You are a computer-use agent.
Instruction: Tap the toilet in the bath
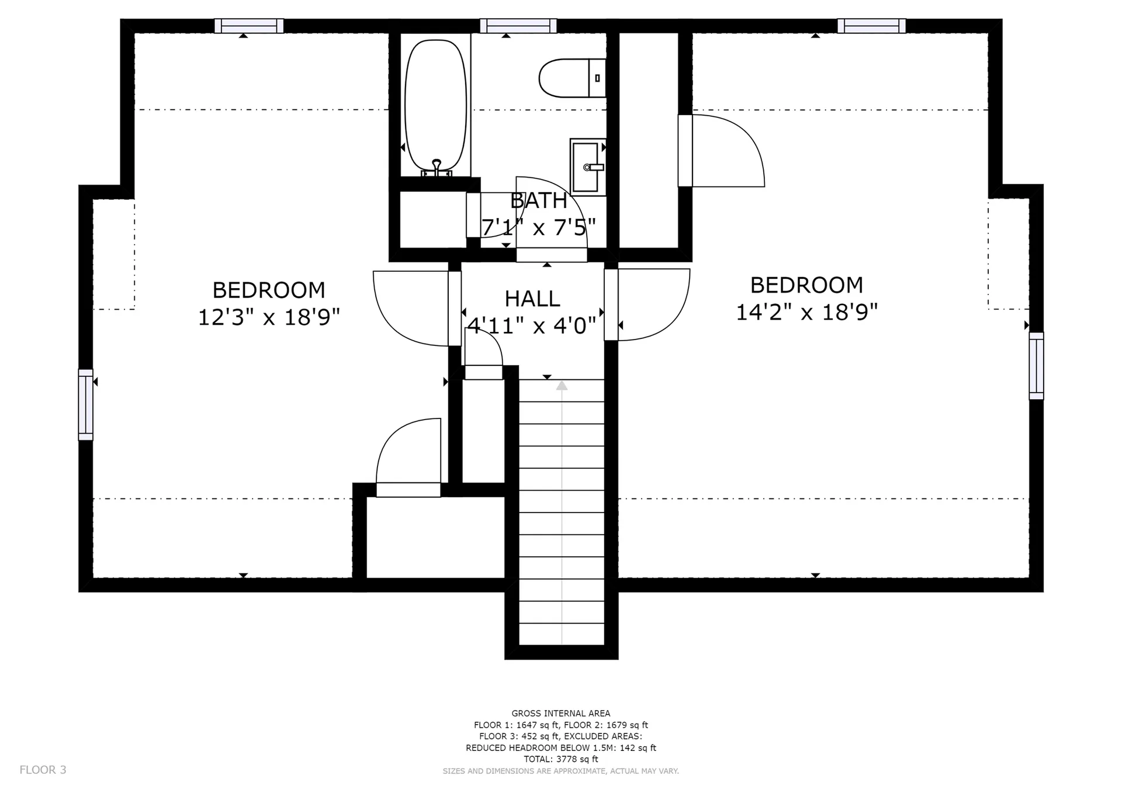[x=572, y=78]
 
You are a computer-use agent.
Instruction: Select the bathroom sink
[x=588, y=167]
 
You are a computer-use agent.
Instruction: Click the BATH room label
[x=538, y=200]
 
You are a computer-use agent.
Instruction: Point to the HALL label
[x=532, y=299]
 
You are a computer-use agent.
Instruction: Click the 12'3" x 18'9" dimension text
[x=269, y=317]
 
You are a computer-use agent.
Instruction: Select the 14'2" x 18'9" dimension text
[x=806, y=312]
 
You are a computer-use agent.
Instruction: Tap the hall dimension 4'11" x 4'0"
[x=532, y=325]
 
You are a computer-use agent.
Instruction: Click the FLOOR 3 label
[x=43, y=770]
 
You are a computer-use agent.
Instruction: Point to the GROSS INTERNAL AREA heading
[x=561, y=713]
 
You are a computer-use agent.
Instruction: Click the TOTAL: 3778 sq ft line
[x=561, y=759]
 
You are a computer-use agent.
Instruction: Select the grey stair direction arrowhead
[x=562, y=385]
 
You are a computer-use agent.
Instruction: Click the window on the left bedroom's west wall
[x=85, y=404]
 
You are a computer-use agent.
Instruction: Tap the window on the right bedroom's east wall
[x=1036, y=366]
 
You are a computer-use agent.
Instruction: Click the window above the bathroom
[x=518, y=26]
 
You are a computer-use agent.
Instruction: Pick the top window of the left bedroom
[x=249, y=26]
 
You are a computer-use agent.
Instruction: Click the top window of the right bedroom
[x=871, y=26]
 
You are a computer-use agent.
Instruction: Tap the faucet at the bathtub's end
[x=437, y=168]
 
